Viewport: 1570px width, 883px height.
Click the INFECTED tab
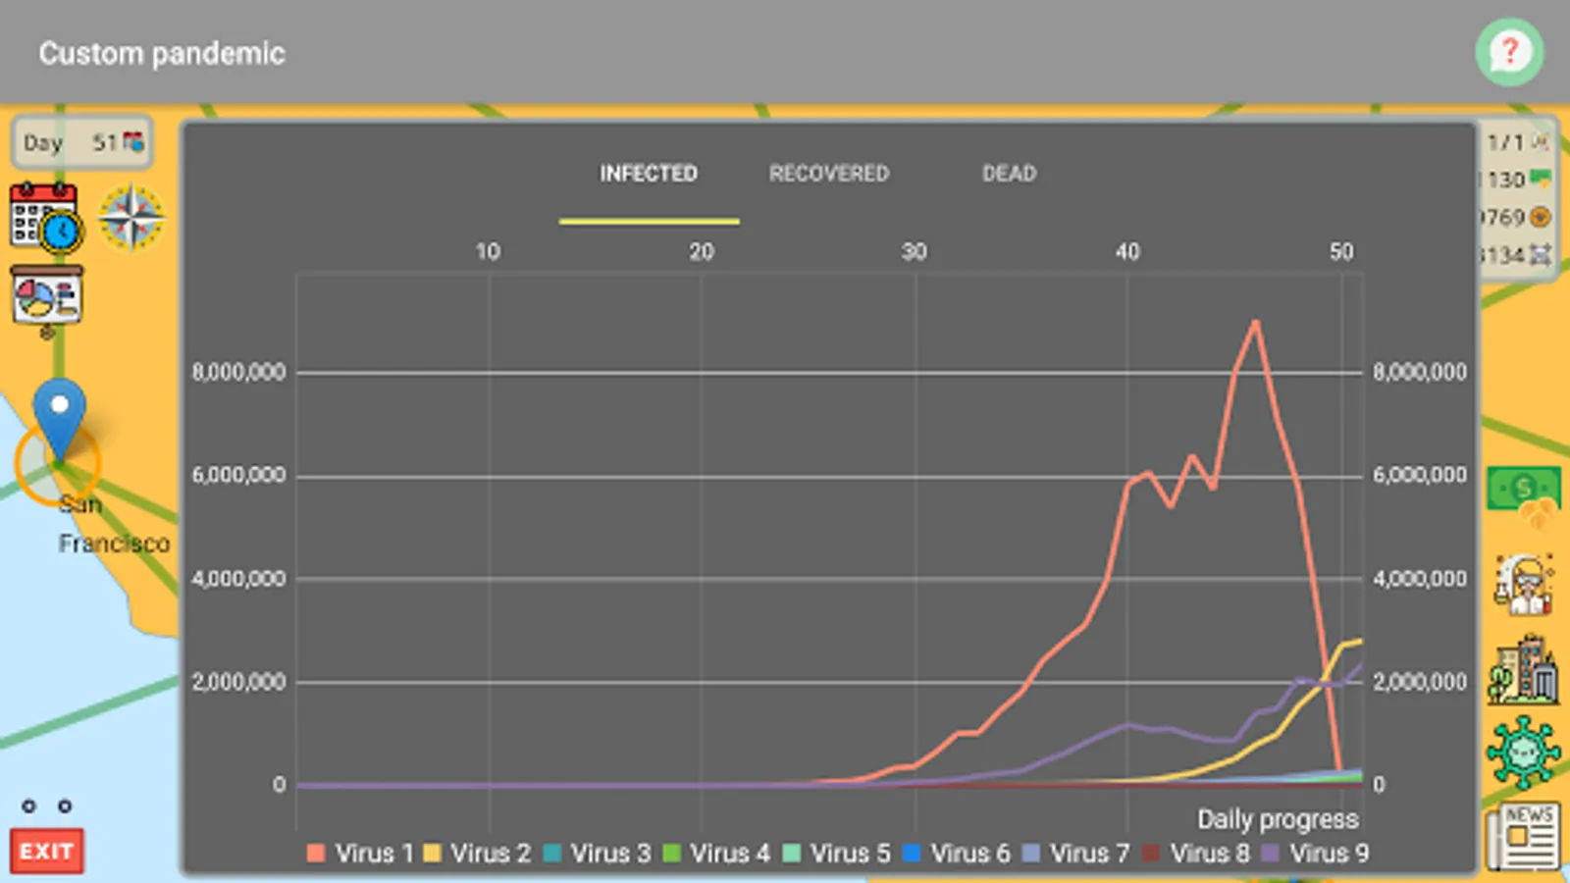tap(649, 174)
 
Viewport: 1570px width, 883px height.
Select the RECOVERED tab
tap(828, 174)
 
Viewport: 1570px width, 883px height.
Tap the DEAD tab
tap(1009, 174)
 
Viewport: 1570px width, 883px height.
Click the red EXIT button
tap(46, 851)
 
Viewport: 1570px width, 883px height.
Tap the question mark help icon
tap(1509, 52)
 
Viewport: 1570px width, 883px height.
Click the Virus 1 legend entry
tap(359, 854)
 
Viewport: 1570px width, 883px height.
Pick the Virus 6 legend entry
tap(956, 854)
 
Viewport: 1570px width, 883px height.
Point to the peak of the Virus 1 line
tap(1255, 322)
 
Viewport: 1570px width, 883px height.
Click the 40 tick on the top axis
tap(1127, 252)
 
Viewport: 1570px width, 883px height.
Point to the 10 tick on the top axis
tap(488, 252)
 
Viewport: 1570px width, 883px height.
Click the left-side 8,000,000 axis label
tap(238, 373)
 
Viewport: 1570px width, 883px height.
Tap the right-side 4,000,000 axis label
tap(1420, 579)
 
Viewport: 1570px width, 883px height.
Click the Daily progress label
tap(1278, 819)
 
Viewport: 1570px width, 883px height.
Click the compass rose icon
tap(131, 217)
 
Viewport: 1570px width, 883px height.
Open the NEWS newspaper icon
tap(1523, 836)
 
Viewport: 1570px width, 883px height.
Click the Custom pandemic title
tap(162, 53)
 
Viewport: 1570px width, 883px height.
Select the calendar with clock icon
tap(45, 217)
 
